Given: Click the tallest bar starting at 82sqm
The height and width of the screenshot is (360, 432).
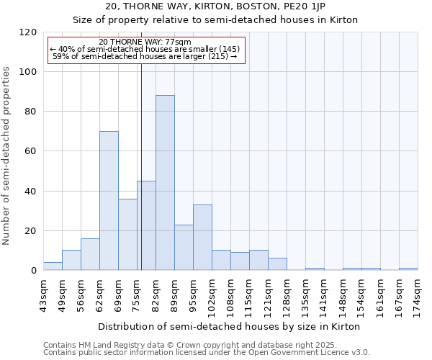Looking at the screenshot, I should [x=165, y=183].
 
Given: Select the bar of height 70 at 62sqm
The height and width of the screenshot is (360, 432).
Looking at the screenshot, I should [x=109, y=201].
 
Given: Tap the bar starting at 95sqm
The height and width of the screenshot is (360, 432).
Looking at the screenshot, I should [x=202, y=238].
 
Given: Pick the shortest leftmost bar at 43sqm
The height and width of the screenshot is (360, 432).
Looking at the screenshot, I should [x=53, y=266].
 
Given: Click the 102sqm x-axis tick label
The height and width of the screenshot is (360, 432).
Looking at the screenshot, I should [x=212, y=296].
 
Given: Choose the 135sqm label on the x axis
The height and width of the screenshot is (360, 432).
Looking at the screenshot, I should [x=305, y=296].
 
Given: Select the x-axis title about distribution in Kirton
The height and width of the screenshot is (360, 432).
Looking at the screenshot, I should [x=228, y=326].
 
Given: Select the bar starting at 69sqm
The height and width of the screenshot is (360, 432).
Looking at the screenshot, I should [x=127, y=234].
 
